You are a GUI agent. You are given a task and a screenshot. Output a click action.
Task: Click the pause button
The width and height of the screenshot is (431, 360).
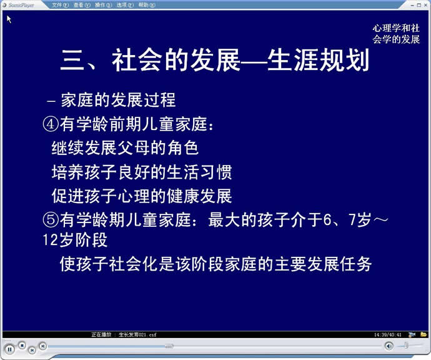[x=9, y=349]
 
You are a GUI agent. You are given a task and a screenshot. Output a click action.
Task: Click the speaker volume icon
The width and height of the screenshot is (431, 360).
[x=389, y=346]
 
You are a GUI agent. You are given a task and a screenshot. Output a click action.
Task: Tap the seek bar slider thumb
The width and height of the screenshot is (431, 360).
[x=169, y=346]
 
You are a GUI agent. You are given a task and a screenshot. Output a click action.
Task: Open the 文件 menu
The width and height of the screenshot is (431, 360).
[x=60, y=5]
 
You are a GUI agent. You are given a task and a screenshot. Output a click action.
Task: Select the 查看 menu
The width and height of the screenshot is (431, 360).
[x=82, y=5]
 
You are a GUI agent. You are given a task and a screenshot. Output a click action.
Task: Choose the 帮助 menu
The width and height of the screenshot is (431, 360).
[x=147, y=5]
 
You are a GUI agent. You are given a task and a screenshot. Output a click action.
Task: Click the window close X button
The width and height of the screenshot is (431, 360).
[x=425, y=5]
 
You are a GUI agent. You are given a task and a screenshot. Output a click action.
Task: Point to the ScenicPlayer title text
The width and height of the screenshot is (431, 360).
[x=21, y=5]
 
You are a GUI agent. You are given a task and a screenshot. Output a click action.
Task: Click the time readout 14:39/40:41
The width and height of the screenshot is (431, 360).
[x=387, y=335]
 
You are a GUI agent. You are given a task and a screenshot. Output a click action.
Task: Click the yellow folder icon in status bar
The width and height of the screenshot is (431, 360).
[x=424, y=334]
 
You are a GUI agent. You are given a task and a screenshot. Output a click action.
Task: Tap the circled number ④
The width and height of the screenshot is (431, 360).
[x=51, y=124]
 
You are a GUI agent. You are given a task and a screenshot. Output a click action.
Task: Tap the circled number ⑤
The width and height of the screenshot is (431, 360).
[x=51, y=220]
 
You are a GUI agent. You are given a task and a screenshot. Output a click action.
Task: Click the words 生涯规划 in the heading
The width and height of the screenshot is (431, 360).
[x=318, y=60]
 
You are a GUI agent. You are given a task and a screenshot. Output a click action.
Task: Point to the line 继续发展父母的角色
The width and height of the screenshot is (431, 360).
[x=125, y=148]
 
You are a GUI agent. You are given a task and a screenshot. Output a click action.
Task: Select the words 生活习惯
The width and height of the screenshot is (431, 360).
[x=199, y=172]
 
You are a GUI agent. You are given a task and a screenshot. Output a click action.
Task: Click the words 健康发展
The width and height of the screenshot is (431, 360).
[x=199, y=196]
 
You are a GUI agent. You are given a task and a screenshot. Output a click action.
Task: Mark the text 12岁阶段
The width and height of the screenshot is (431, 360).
[x=75, y=240]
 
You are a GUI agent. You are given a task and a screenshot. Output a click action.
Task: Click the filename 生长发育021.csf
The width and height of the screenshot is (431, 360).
[x=137, y=335]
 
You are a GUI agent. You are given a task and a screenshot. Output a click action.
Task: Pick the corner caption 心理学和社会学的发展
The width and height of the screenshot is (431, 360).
[x=396, y=34]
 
